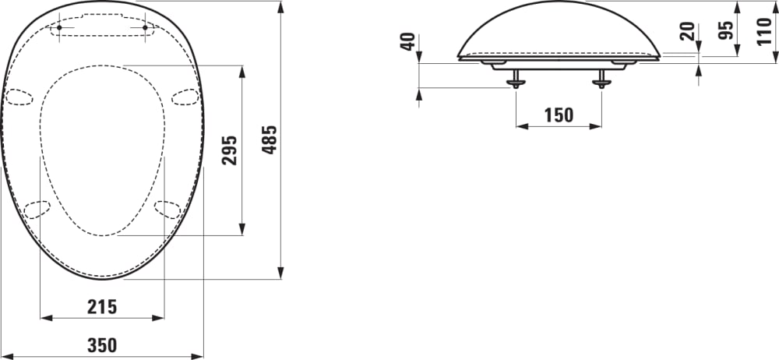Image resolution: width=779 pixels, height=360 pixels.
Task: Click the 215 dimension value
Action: [x=102, y=307]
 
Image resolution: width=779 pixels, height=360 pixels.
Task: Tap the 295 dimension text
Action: [x=229, y=148]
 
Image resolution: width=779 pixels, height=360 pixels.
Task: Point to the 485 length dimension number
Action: [x=269, y=139]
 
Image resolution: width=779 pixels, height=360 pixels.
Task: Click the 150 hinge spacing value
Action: [x=558, y=115]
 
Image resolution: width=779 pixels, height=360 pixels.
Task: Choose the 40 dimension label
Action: [x=407, y=42]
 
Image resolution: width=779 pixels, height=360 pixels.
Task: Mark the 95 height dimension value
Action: [x=725, y=30]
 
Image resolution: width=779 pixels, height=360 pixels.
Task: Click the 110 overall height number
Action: [x=765, y=31]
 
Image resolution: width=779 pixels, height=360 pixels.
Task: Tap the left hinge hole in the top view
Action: [x=60, y=28]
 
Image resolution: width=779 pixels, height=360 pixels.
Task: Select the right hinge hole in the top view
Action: [x=145, y=28]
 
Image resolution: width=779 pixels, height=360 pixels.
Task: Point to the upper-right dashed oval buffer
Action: [x=185, y=96]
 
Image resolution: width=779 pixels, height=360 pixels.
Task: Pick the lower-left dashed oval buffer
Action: [x=37, y=209]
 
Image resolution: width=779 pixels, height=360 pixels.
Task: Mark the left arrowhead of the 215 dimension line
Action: [x=44, y=318]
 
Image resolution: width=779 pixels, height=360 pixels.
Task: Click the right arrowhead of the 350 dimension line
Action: [x=199, y=356]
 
